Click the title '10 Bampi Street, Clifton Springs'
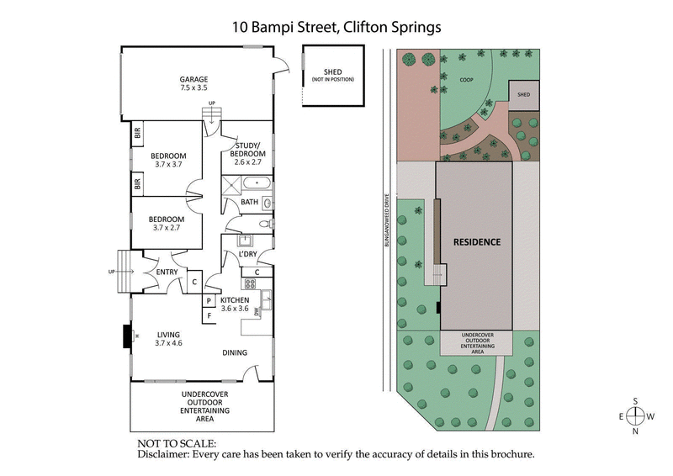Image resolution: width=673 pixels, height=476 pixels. pyautogui.click(x=336, y=26)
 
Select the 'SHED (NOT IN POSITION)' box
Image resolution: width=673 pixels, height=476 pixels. pyautogui.click(x=332, y=76)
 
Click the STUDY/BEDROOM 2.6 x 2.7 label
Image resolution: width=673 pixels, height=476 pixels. pyautogui.click(x=249, y=153)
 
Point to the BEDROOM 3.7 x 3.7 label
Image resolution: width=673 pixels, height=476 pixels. pyautogui.click(x=168, y=160)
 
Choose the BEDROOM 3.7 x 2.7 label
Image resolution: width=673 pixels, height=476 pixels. pyautogui.click(x=168, y=221)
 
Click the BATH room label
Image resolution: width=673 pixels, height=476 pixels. pyautogui.click(x=250, y=202)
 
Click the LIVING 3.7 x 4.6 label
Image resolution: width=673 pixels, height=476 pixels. pyautogui.click(x=168, y=338)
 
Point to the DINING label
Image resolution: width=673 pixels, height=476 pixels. pyautogui.click(x=236, y=353)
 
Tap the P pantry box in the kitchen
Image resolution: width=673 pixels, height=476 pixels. pyautogui.click(x=208, y=300)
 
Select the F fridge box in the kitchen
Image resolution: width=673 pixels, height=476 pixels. pyautogui.click(x=208, y=315)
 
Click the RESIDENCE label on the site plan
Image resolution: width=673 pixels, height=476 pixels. pyautogui.click(x=477, y=242)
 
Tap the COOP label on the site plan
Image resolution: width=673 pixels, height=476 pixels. pyautogui.click(x=466, y=81)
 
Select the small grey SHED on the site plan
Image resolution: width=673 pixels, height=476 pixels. pyautogui.click(x=523, y=95)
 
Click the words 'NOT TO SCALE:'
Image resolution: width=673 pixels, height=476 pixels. pyautogui.click(x=177, y=442)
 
